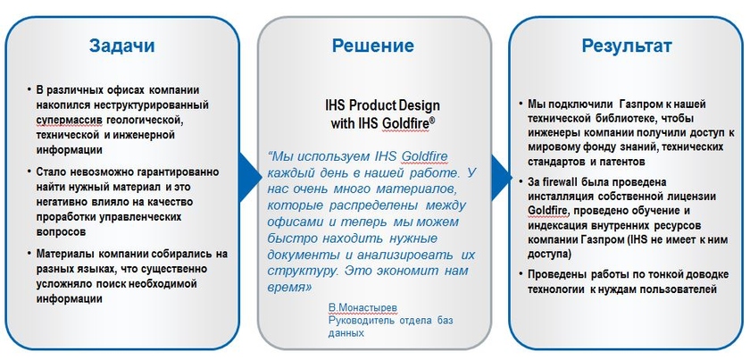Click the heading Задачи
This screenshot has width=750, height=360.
tap(123, 45)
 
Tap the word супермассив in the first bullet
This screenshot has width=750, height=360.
tap(70, 119)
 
